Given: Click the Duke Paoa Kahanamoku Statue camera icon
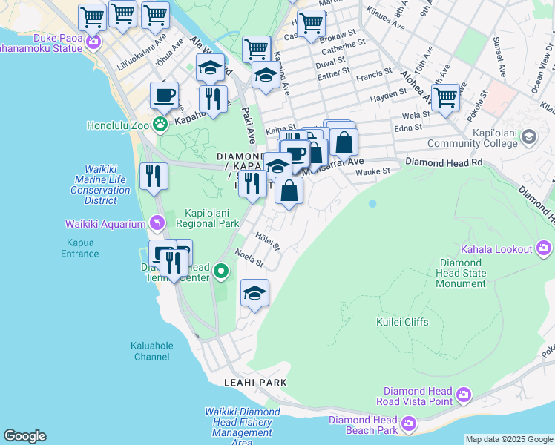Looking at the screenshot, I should pyautogui.click(x=93, y=41).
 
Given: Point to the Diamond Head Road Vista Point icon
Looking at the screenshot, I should pyautogui.click(x=464, y=394).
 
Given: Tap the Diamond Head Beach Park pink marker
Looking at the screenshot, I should pyautogui.click(x=408, y=425).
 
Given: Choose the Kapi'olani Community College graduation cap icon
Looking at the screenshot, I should pyautogui.click(x=528, y=136).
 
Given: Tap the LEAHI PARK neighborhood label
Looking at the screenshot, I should pyautogui.click(x=255, y=382).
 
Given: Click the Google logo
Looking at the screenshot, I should pyautogui.click(x=24, y=436).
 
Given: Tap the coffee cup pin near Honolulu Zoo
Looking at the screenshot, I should pyautogui.click(x=164, y=96).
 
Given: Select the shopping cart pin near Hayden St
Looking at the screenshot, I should pyautogui.click(x=445, y=96).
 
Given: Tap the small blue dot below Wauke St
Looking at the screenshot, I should pyautogui.click(x=372, y=203).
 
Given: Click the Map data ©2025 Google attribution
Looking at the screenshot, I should pyautogui.click(x=508, y=439).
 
